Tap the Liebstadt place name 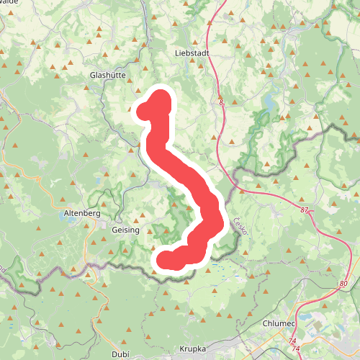(191, 53)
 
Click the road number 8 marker (222, 104)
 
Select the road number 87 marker (304, 210)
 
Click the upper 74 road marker (291, 340)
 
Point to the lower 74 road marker (296, 348)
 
